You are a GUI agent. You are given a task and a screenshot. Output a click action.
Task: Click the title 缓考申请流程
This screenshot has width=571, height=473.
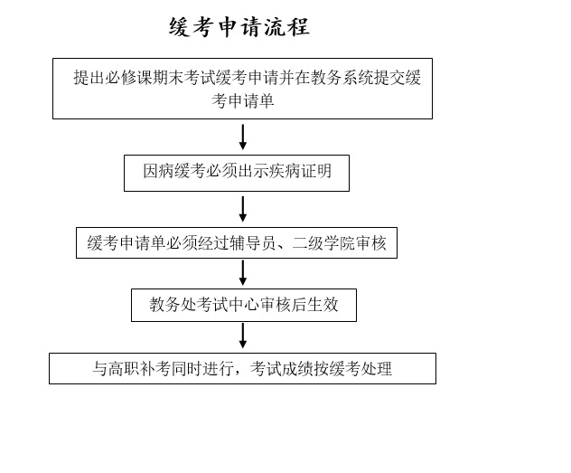pos(239,26)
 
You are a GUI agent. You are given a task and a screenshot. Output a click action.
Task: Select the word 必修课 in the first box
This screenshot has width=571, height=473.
pos(129,77)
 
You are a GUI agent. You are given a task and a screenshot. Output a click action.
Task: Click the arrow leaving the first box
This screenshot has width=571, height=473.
pos(243,137)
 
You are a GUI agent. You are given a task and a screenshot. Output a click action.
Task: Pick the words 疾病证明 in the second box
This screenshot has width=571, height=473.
pos(300,171)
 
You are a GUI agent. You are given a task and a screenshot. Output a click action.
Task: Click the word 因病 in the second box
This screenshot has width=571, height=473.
pos(158,171)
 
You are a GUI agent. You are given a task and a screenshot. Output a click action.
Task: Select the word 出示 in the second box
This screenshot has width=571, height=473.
pos(253,171)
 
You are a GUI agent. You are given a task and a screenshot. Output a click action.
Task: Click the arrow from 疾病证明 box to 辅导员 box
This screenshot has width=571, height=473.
pos(243,209)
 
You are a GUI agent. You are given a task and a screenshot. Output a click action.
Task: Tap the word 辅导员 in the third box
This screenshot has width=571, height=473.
pos(253,242)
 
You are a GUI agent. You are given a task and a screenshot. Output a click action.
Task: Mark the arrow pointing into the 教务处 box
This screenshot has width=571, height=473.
pos(243,272)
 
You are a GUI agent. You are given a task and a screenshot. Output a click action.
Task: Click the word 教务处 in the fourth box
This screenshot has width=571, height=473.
pos(173,304)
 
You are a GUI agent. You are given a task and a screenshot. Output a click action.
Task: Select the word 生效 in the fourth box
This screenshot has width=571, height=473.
pos(323,304)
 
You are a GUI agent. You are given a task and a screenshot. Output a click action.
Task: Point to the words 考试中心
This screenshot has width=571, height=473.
pos(228,304)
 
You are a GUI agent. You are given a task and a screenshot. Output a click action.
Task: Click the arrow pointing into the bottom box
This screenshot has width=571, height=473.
pos(243,336)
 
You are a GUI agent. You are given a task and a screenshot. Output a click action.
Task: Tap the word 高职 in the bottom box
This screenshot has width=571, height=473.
pos(124,368)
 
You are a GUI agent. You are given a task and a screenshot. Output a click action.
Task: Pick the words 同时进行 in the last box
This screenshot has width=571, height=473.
pos(202,368)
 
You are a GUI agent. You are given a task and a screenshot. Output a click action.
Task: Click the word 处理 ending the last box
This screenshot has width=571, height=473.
pos(376,368)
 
